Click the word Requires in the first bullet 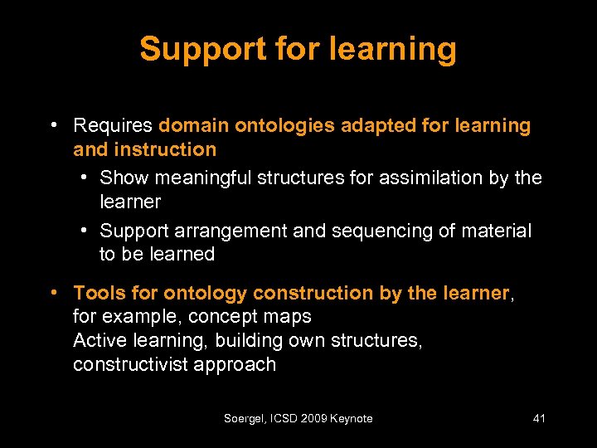click(113, 126)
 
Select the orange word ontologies click(284, 126)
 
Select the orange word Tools click(97, 293)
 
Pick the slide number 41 click(539, 419)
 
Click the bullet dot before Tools click(53, 292)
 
